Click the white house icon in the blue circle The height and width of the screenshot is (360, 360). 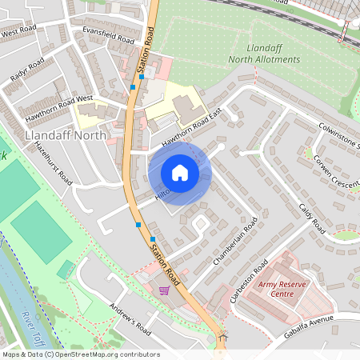point(180,173)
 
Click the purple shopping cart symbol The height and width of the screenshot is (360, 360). point(164,290)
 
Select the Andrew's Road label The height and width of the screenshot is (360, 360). point(130,318)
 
